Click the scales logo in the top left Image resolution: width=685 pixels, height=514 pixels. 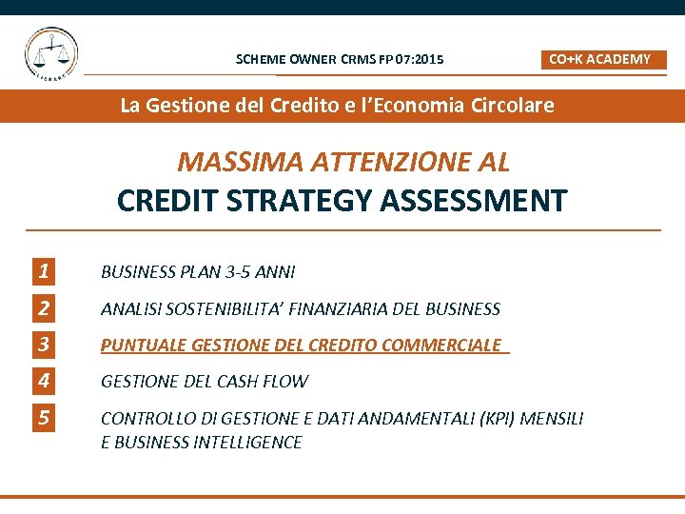[52, 54]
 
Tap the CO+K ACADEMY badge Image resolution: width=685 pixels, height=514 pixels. [604, 59]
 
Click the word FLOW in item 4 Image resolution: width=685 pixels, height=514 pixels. [286, 381]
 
